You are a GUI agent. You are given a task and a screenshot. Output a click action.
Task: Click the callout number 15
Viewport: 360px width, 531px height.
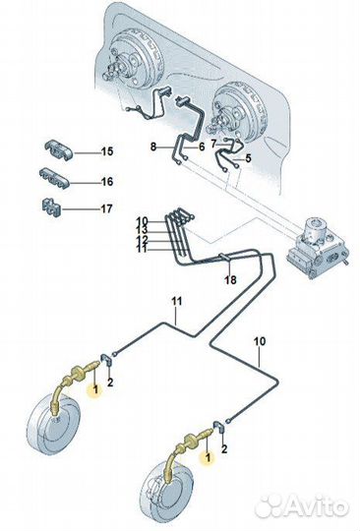pos(107,151)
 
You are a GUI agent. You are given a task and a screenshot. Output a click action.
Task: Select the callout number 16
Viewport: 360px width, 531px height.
pos(107,182)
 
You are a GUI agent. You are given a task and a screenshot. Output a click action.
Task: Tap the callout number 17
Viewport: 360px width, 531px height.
pos(106,208)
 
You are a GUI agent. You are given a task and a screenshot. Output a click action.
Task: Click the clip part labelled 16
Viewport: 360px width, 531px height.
pos(54,177)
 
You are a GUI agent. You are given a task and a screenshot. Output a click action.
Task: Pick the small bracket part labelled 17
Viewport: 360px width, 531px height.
pos(51,206)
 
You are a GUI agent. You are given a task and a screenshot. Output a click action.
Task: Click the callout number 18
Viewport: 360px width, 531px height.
pos(229,280)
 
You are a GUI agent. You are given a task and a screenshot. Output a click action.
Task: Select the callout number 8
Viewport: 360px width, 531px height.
pos(153,147)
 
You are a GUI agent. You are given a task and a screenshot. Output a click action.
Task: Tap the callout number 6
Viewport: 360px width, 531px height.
pos(202,147)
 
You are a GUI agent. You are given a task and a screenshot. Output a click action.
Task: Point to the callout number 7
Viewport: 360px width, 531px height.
pos(213,144)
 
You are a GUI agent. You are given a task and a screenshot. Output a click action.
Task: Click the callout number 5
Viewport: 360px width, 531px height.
pos(248,157)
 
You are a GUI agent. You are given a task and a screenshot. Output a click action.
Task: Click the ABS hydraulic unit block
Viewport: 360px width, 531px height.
pos(318,247)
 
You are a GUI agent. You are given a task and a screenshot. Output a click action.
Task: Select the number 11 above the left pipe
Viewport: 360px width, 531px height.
pos(176,301)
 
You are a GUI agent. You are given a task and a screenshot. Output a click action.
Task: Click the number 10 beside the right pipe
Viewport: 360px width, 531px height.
pos(260,341)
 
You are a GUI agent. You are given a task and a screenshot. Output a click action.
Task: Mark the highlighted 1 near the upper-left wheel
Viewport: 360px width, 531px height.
pos(95,389)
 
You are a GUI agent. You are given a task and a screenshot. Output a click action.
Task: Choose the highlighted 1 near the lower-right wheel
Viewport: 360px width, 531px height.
pos(208,457)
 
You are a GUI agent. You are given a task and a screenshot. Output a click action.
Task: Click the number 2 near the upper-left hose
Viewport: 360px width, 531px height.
pos(110,383)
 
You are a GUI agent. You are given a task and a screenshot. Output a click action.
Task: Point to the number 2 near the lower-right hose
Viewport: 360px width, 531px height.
pos(224,449)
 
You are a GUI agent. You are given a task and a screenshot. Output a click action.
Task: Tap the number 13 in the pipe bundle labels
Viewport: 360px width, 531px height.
pos(143,230)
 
